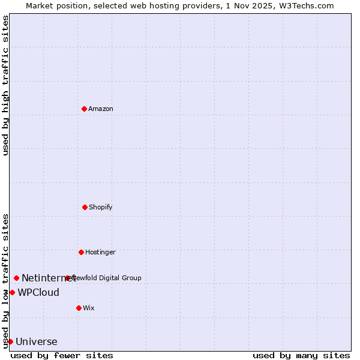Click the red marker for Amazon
pos(84,109)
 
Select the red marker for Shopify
pos(85,207)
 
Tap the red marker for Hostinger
pos(81,252)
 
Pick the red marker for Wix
pos(79,308)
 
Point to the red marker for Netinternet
pos(16,278)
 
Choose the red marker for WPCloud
pos(12,292)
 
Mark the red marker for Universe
pos(10,341)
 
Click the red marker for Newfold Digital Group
pos(68,278)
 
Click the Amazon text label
pos(101,109)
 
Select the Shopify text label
pos(101,207)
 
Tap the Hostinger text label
pos(100,252)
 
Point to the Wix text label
pos(89,308)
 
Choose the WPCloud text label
pos(38,293)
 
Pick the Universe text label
pos(37,342)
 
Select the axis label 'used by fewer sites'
pos(62,355)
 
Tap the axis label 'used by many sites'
pos(301,355)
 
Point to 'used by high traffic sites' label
pos(5,85)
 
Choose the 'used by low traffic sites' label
pos(5,280)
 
